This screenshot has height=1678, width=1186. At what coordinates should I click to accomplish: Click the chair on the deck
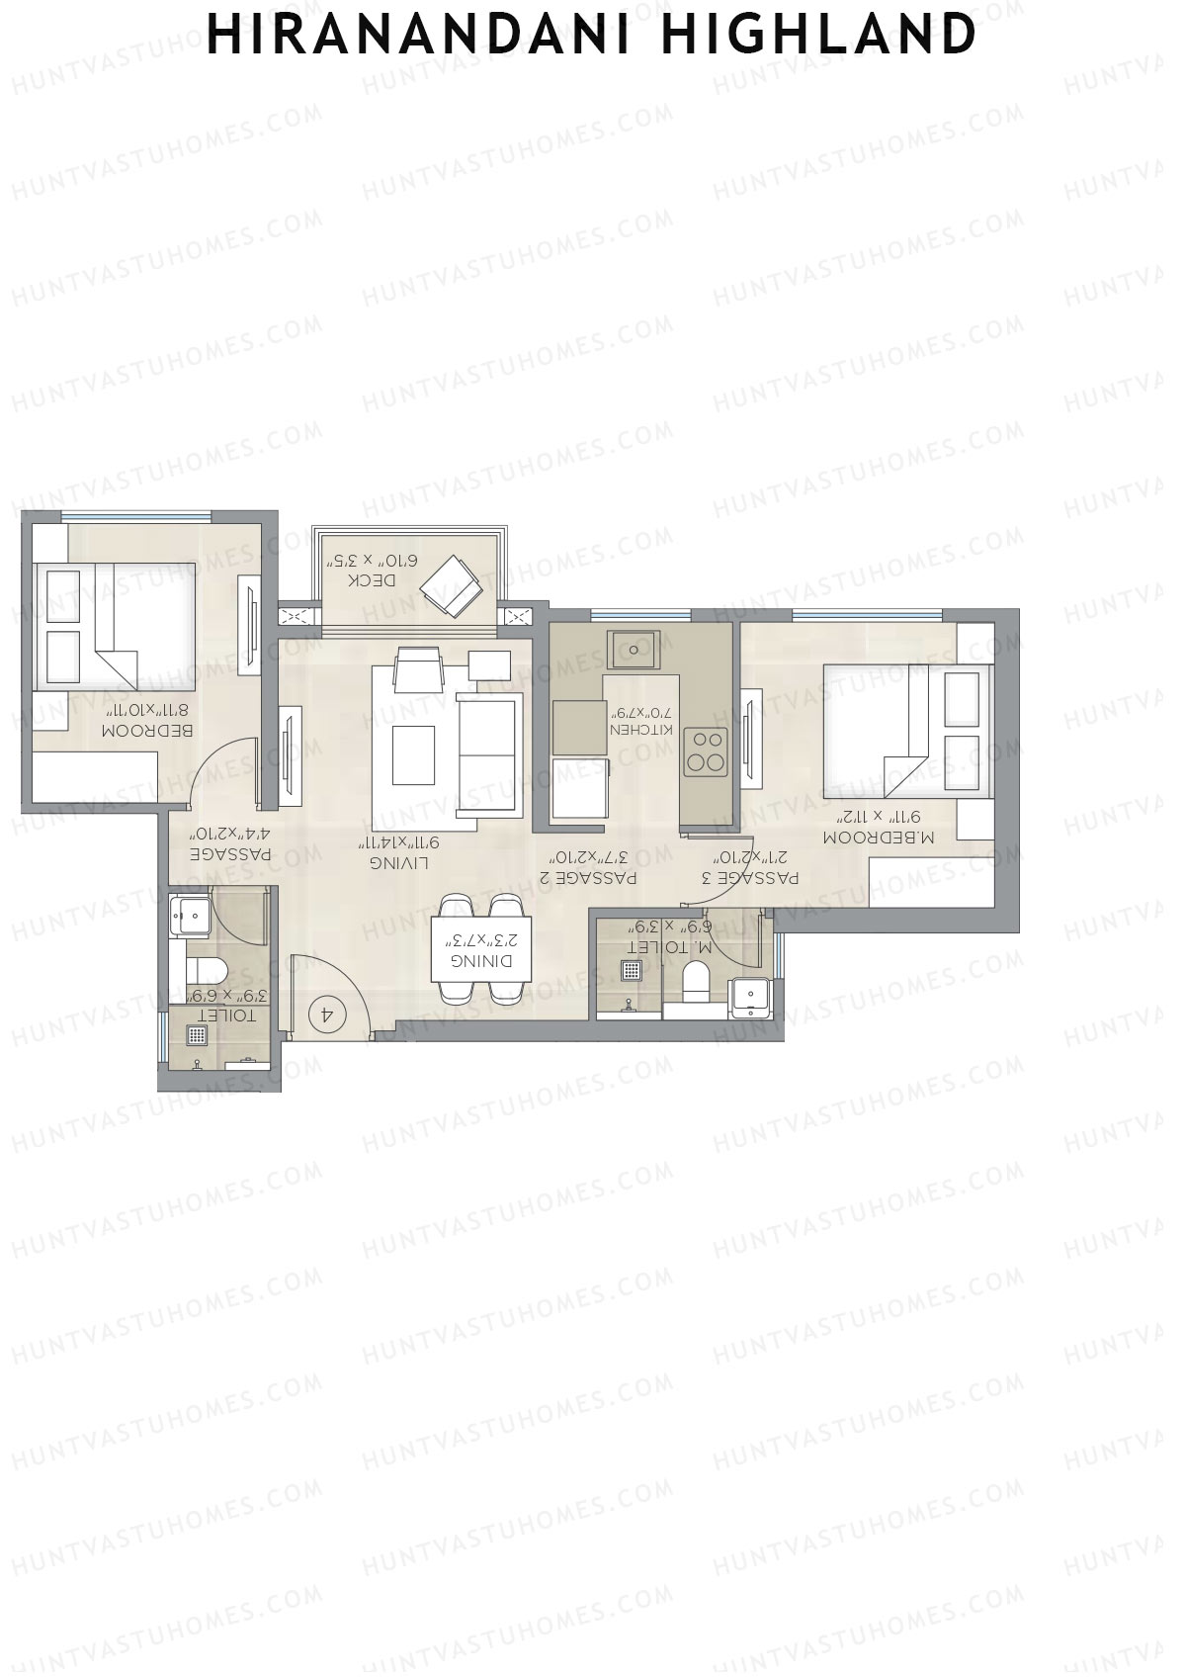pyautogui.click(x=452, y=584)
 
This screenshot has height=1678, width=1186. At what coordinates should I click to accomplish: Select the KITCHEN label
pyautogui.click(x=643, y=729)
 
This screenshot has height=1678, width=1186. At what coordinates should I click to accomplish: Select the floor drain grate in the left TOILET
pyautogui.click(x=198, y=1035)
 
